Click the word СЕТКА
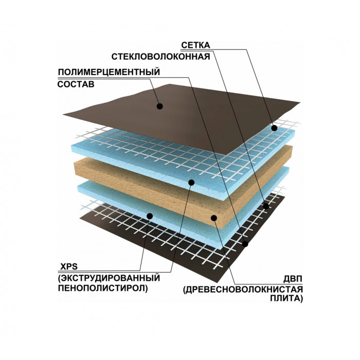pyautogui.click(x=195, y=45)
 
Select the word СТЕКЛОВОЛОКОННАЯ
pyautogui.click(x=160, y=57)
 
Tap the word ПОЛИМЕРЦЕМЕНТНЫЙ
pyautogui.click(x=109, y=72)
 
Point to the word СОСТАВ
pyautogui.click(x=76, y=84)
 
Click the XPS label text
pyautogui.click(x=69, y=266)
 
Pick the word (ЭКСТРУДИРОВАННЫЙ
pyautogui.click(x=109, y=278)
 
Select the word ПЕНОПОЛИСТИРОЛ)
pyautogui.click(x=103, y=289)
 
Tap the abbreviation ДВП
pyautogui.click(x=293, y=279)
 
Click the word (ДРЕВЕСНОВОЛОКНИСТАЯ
pyautogui.click(x=243, y=290)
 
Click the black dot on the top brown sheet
pyautogui.click(x=160, y=106)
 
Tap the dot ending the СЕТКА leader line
pyautogui.click(x=274, y=128)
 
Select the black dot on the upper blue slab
pyautogui.click(x=191, y=183)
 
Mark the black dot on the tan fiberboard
pyautogui.click(x=214, y=218)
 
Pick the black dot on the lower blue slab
pyautogui.click(x=150, y=216)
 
